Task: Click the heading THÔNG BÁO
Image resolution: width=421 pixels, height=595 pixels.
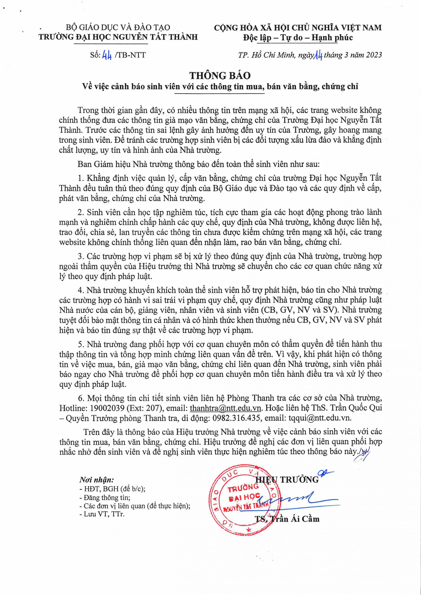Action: coord(220,75)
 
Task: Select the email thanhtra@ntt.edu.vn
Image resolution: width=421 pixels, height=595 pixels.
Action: coord(225,408)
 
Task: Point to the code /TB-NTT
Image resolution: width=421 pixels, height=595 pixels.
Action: coord(129,55)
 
